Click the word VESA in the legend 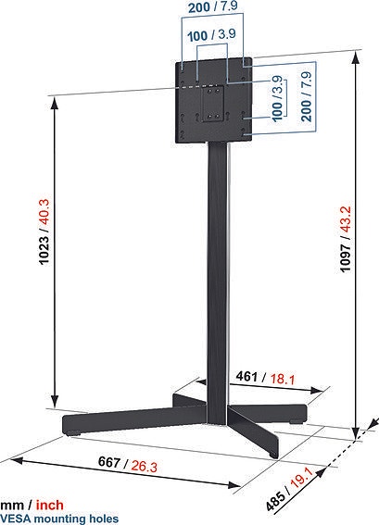point(16,519)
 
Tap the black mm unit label point(11,505)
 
